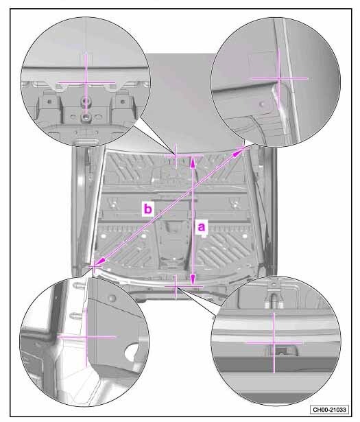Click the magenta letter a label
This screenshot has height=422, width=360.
(202, 227)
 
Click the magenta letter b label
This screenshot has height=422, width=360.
(148, 209)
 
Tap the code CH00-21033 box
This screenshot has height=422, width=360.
(329, 410)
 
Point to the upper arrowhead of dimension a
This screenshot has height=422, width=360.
(193, 160)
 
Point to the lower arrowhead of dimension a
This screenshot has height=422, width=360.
(193, 282)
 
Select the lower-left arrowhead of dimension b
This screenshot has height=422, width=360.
(99, 262)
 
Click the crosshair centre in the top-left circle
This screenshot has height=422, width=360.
(86, 82)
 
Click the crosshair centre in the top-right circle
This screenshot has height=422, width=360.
(279, 79)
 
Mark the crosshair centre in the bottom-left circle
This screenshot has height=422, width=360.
(86, 336)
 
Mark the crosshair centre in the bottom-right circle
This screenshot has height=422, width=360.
(274, 342)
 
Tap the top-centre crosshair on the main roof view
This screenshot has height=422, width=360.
(176, 155)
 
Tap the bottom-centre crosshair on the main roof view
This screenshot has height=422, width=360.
(176, 287)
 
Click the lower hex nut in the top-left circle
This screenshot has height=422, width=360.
(86, 116)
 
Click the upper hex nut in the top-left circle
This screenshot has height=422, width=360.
(86, 101)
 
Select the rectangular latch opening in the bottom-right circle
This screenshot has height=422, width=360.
(282, 351)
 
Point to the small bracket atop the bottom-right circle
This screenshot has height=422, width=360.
(274, 294)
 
